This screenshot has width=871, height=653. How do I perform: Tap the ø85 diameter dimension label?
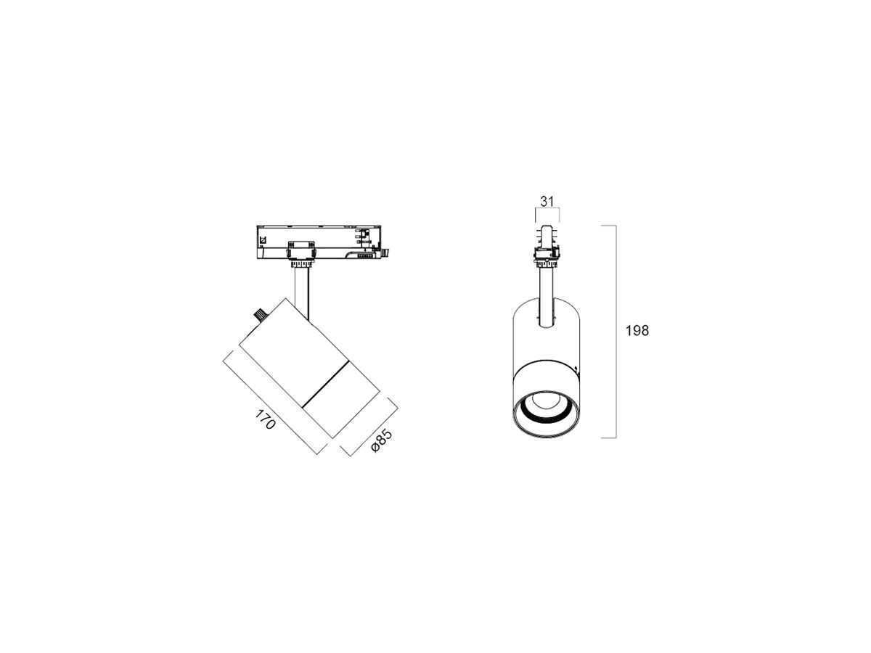click(381, 440)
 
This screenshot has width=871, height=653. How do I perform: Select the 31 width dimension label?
click(547, 202)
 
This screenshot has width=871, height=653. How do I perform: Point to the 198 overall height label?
click(637, 330)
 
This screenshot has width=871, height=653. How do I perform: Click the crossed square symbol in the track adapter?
click(262, 239)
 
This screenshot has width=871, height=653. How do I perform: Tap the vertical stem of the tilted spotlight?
click(301, 292)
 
